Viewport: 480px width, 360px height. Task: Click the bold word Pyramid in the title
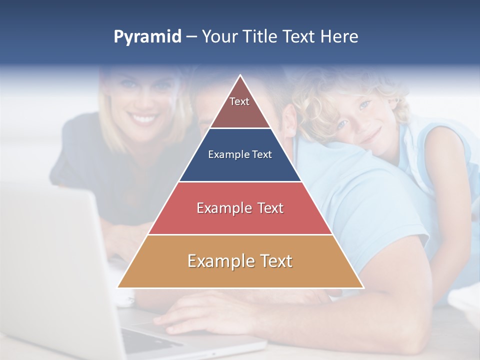(x=147, y=37)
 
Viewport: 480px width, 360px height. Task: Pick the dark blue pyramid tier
(x=240, y=155)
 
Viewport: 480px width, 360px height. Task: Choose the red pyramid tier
(x=240, y=208)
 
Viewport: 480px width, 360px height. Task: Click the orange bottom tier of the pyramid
(x=240, y=261)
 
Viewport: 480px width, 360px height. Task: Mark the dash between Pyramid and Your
(x=191, y=37)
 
